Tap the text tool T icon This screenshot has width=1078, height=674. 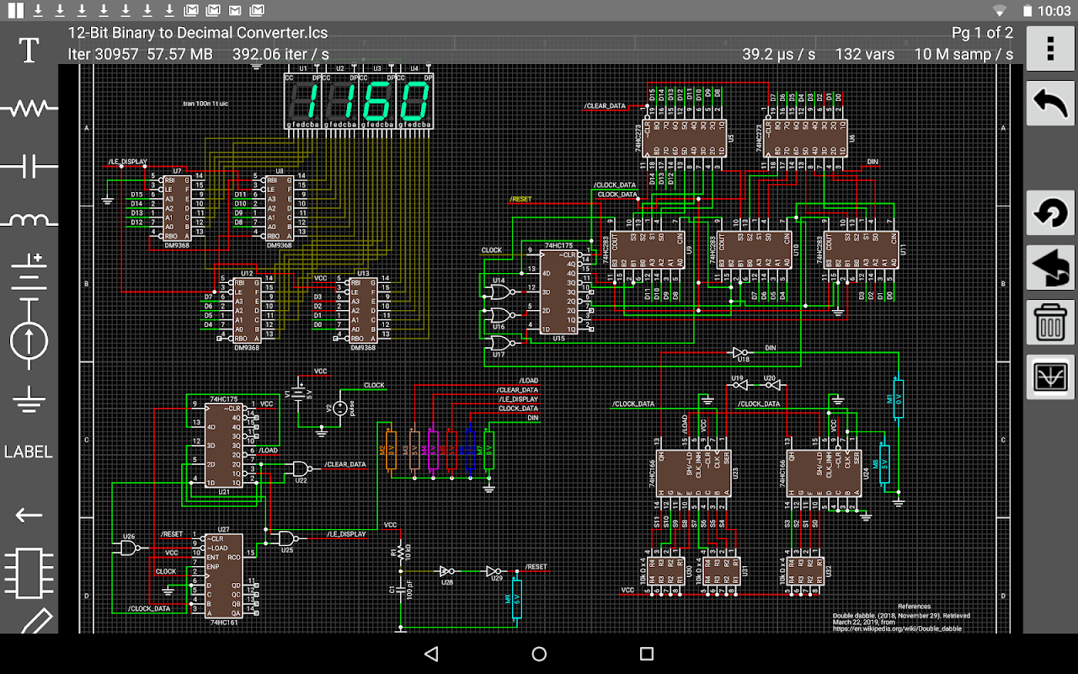click(29, 50)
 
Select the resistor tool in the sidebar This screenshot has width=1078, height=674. click(29, 108)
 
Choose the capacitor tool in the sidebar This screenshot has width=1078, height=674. click(29, 166)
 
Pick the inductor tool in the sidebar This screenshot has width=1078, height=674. click(29, 221)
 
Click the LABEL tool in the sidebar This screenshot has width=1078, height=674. click(29, 452)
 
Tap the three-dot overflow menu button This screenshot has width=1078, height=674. click(1050, 49)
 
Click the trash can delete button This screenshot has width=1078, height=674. click(1050, 322)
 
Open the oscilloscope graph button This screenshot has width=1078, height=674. click(1050, 377)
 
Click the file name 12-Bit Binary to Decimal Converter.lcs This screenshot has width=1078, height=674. click(198, 34)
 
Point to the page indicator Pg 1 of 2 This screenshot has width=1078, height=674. click(982, 34)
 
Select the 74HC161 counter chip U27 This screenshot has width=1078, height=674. click(225, 575)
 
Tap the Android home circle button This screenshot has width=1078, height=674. click(539, 654)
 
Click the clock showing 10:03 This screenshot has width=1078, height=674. click(1054, 11)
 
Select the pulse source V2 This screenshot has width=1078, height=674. click(340, 409)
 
